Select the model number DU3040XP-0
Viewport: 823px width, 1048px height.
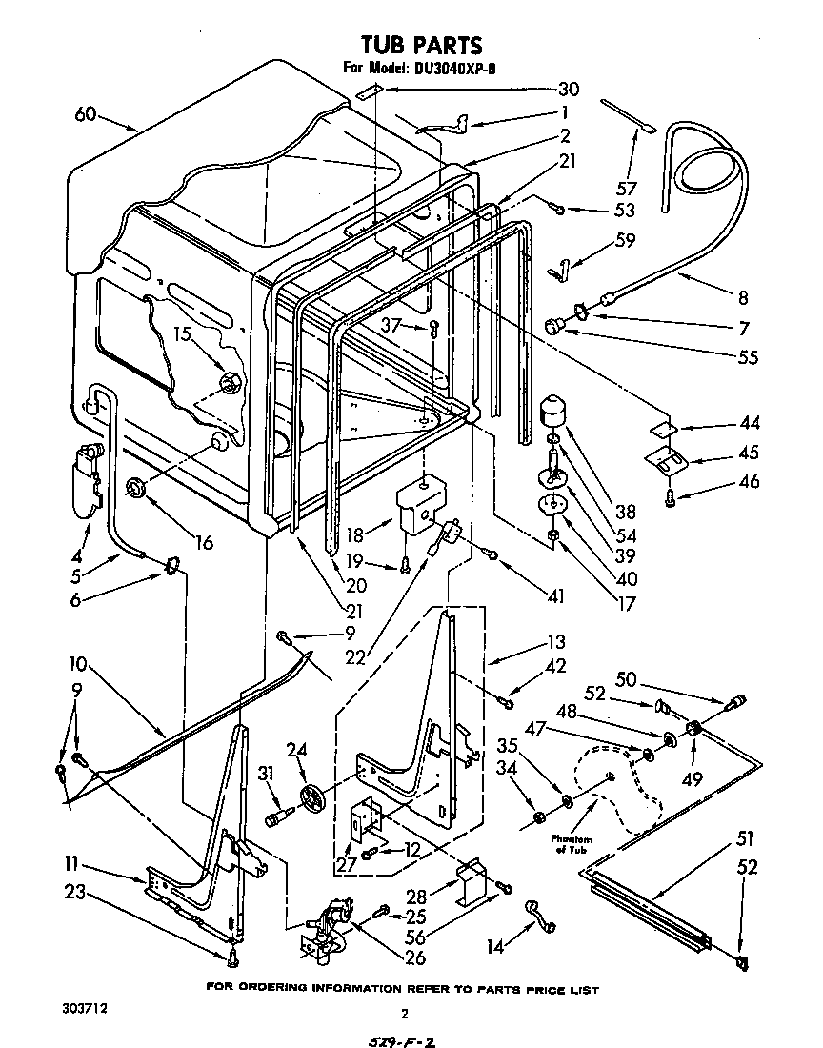(x=455, y=68)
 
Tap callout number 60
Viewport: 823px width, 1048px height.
(x=85, y=115)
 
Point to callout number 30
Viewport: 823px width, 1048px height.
(x=568, y=90)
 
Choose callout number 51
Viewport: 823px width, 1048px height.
(x=744, y=840)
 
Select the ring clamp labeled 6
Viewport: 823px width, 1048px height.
(x=171, y=569)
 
